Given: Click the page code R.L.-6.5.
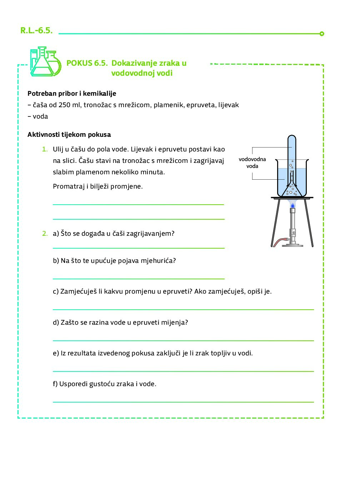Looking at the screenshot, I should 36,30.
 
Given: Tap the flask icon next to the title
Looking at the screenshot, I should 45,62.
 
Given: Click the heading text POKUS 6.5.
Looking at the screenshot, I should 87,63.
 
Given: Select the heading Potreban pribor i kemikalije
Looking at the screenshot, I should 72,94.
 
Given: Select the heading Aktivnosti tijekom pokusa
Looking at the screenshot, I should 69,135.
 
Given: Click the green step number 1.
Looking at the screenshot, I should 45,149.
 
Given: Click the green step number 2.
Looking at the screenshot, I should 45,234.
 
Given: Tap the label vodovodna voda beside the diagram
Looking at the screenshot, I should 252,163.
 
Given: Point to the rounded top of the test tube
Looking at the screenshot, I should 292,138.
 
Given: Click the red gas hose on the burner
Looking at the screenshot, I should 280,242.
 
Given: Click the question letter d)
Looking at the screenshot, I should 56,323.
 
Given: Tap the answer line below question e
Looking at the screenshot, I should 183,371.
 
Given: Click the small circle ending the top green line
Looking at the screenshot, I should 322,34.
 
